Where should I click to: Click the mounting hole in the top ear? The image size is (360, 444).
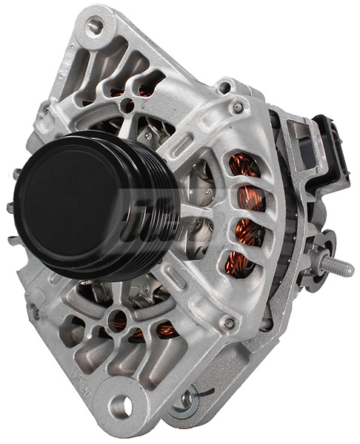[x=94, y=27]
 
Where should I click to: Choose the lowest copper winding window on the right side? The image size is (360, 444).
[x=239, y=263]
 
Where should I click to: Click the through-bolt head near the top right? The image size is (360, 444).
[x=238, y=108]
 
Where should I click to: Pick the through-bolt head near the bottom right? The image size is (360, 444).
[x=229, y=323]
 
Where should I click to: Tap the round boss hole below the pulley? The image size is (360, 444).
[x=118, y=321]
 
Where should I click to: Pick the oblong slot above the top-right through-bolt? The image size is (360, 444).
[x=223, y=88]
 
